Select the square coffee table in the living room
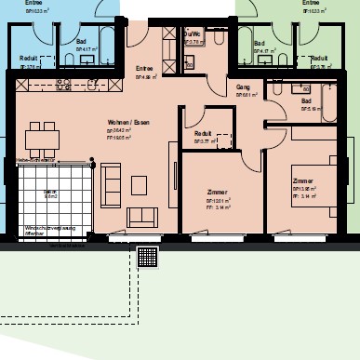(x=140, y=185)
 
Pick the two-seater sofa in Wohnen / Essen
(x=142, y=217)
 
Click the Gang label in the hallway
(x=244, y=86)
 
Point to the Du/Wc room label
(x=193, y=33)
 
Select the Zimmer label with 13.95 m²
(x=304, y=180)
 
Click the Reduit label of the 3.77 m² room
(x=203, y=134)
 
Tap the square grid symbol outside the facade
(x=147, y=257)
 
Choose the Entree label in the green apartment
(x=311, y=3)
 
